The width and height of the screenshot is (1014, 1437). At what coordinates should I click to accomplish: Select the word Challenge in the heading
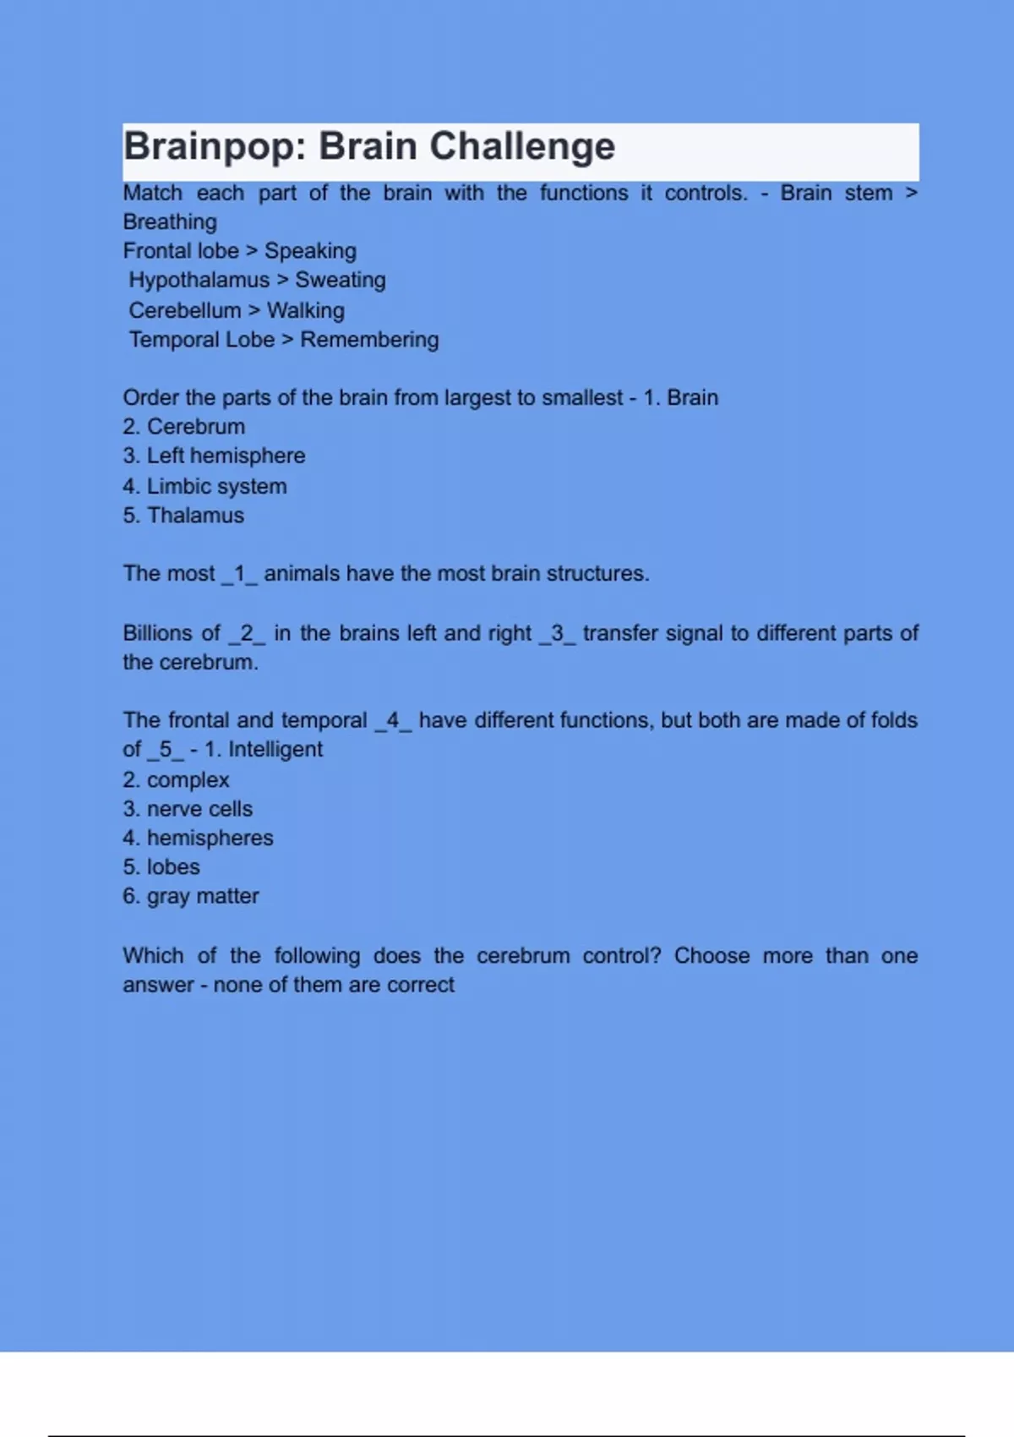click(521, 147)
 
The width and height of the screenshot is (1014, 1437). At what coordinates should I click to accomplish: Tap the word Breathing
click(170, 222)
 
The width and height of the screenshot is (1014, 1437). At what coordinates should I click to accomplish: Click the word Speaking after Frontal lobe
click(310, 251)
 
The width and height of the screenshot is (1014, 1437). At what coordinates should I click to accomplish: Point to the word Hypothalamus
click(199, 280)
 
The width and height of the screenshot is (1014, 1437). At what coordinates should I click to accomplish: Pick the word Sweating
click(340, 280)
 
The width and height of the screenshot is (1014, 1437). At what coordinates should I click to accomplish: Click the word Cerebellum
click(184, 310)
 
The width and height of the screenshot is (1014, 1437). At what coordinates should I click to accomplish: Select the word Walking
click(305, 310)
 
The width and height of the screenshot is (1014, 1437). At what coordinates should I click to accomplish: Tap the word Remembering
click(369, 340)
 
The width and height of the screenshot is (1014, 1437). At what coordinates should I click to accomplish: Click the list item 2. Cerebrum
click(184, 427)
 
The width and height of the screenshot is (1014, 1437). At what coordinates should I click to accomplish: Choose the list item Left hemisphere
click(215, 456)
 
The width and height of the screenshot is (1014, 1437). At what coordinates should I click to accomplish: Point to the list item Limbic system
click(205, 486)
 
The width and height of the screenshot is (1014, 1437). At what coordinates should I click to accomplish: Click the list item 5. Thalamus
click(183, 516)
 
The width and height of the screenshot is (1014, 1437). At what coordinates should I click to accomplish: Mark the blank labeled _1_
click(239, 574)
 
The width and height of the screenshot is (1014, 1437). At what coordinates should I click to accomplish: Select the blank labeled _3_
click(557, 633)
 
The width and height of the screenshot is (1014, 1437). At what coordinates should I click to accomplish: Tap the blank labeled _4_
click(393, 720)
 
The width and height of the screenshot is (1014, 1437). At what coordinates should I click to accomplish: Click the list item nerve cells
click(188, 809)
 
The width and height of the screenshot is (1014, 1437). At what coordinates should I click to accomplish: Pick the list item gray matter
click(191, 896)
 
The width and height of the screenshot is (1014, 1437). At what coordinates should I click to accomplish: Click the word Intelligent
click(275, 750)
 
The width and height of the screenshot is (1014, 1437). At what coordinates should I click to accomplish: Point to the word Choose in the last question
click(711, 956)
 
